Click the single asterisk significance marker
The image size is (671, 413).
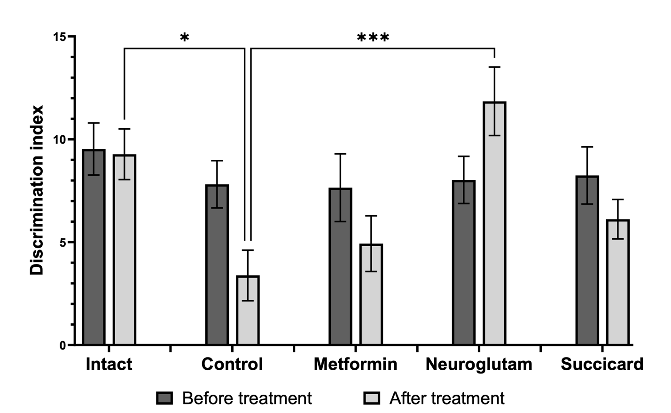point(185,38)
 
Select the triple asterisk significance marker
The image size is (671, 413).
point(373,38)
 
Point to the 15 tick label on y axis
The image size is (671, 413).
point(59,37)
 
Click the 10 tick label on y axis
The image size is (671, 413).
point(59,140)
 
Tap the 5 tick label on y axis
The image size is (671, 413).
point(62,242)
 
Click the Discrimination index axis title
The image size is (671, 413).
point(37,190)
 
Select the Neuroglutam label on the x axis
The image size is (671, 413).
point(479,364)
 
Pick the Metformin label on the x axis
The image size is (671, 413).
point(355,364)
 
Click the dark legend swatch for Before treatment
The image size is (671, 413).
point(164,398)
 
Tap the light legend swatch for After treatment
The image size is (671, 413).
point(372,398)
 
